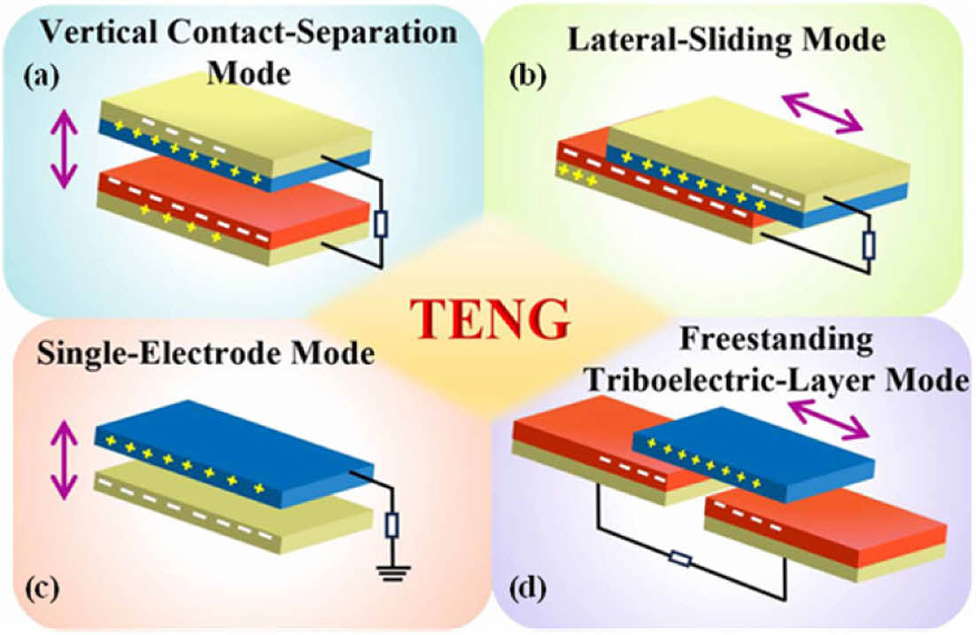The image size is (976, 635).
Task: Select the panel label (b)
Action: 529,77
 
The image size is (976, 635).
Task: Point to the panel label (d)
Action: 530,585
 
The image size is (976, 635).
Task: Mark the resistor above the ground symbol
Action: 393,526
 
